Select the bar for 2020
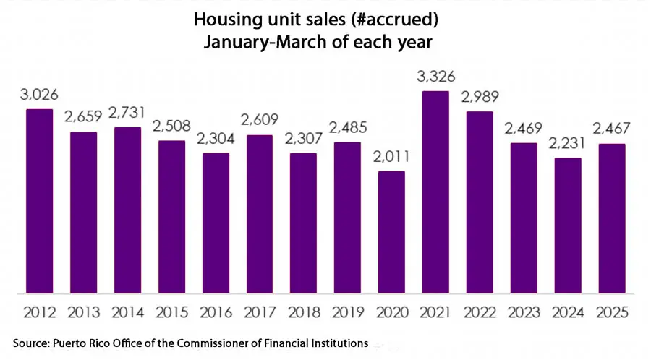[391, 233]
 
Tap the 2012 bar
[40, 202]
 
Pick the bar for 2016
[216, 223]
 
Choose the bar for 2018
[303, 223]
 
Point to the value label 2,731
[127, 113]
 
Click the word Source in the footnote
[30, 342]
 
